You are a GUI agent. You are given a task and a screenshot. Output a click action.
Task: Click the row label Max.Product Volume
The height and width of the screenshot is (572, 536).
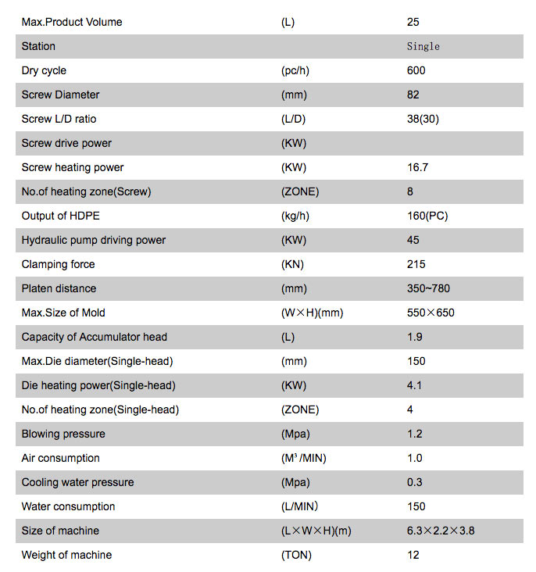pos(72,22)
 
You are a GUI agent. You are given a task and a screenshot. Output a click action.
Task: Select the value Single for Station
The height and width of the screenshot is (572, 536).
pos(423,46)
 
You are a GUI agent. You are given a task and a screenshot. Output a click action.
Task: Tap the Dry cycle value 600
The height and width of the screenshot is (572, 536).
pos(416,70)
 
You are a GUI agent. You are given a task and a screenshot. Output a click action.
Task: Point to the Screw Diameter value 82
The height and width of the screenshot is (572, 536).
pos(413,95)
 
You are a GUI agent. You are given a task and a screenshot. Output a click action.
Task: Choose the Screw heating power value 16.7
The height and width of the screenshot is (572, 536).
pos(418,167)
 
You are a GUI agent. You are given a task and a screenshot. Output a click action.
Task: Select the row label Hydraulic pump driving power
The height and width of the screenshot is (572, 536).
pos(94,240)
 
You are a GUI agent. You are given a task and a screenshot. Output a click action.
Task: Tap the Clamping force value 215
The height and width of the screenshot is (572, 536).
pos(416,264)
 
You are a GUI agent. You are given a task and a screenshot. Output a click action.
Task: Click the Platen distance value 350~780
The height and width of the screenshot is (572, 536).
pos(428,288)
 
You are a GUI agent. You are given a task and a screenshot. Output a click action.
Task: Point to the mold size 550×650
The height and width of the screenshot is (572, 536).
pos(431,313)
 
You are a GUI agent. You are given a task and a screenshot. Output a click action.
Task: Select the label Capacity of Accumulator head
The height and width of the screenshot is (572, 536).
pos(95,337)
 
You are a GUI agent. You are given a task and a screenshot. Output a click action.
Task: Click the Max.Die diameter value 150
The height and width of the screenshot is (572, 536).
pos(416,361)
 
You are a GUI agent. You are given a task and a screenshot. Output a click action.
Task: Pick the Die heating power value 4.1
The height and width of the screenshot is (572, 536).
pos(415,385)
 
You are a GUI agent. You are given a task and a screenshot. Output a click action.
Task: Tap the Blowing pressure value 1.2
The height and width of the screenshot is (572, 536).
pos(415,434)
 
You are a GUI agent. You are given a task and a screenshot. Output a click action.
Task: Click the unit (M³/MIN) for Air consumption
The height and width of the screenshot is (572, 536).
pos(303,458)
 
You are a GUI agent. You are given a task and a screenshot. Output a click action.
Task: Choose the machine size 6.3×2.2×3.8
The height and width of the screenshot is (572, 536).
pos(441,531)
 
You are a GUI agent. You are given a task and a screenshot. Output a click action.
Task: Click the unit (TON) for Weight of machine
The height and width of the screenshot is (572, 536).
pos(296,555)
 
